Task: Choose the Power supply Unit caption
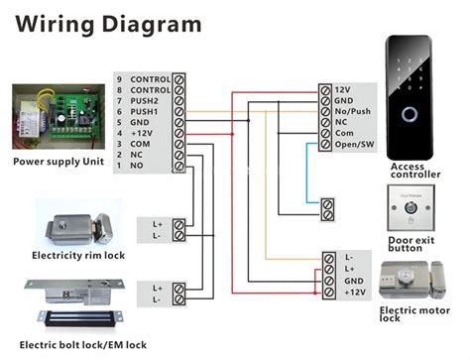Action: [x=59, y=162]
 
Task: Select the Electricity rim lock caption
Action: [x=78, y=254]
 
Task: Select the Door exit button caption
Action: [x=410, y=244]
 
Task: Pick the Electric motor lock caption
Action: [x=414, y=314]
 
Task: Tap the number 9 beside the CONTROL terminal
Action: [x=120, y=78]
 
